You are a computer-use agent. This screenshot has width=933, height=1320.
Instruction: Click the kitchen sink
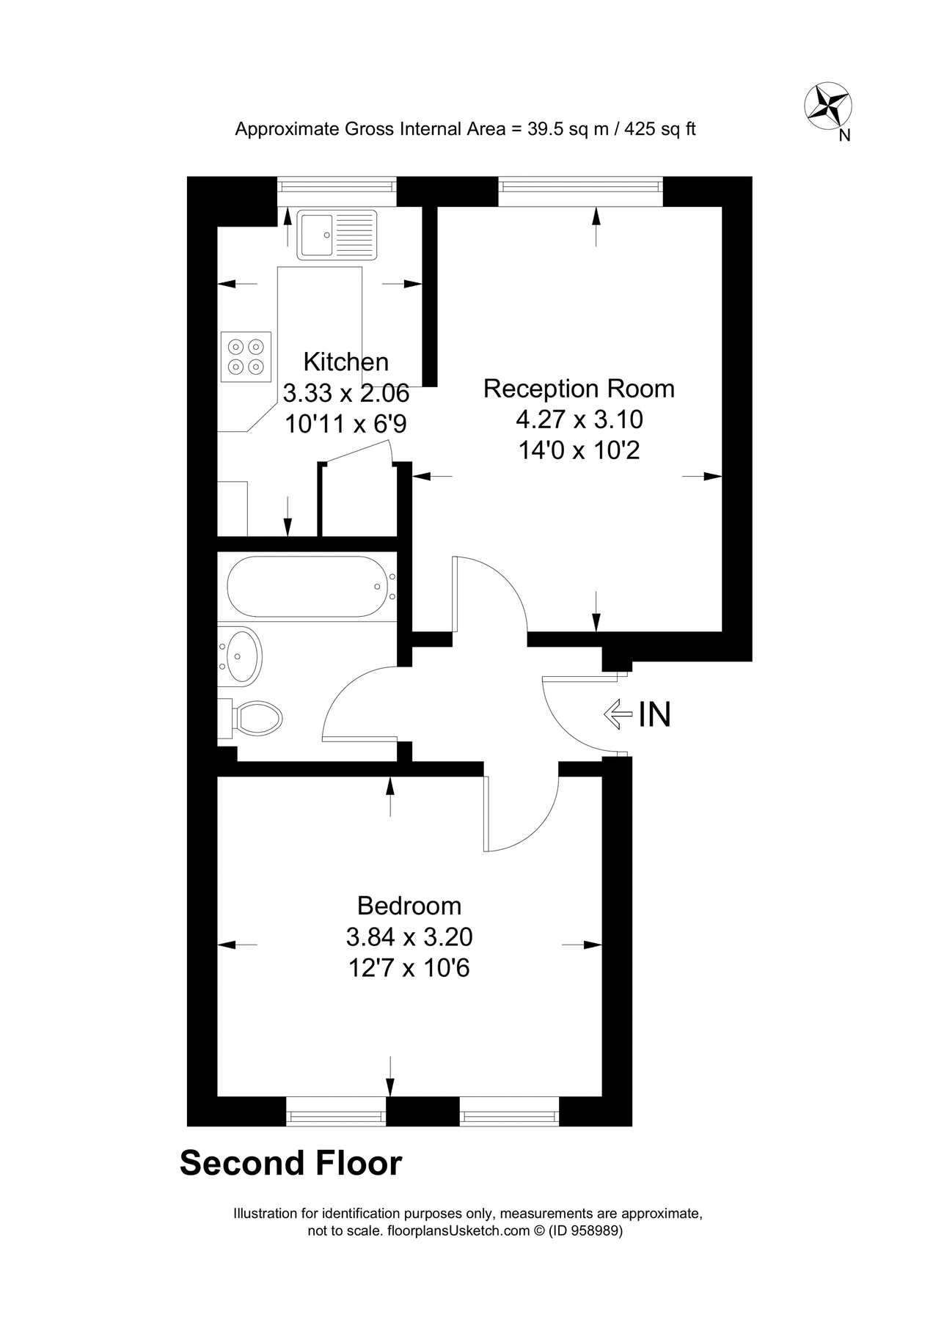(x=337, y=235)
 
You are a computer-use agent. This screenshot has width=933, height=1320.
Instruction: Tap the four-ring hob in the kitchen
(x=246, y=356)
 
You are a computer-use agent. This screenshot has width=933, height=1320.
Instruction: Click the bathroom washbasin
(x=241, y=655)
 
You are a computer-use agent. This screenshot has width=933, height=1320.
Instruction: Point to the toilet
(x=253, y=717)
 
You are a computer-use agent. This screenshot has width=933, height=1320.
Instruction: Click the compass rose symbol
(x=828, y=106)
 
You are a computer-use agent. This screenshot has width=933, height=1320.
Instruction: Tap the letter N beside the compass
(x=844, y=136)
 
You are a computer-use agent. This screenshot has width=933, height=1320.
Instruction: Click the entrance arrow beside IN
(x=617, y=714)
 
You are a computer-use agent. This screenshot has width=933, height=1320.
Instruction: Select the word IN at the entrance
(x=655, y=714)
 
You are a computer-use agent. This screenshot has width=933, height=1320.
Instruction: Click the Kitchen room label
(x=345, y=362)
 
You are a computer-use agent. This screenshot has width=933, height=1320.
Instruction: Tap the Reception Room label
(x=579, y=388)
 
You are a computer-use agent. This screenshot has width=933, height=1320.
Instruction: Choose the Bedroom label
(x=409, y=906)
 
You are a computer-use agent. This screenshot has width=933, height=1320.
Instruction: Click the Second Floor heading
(x=291, y=1164)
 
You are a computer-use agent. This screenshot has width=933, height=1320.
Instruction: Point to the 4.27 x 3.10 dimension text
(x=579, y=419)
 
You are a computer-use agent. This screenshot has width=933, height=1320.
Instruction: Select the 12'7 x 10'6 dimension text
(x=409, y=969)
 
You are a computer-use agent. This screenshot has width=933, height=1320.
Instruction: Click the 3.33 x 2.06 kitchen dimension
(x=345, y=394)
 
